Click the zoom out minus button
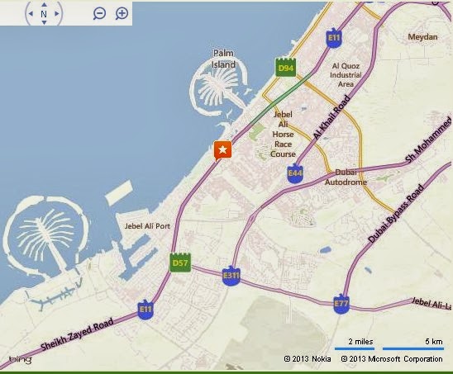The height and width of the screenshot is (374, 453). click(99, 14)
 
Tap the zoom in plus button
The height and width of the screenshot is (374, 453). click(122, 14)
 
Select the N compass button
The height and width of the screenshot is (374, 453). click(44, 14)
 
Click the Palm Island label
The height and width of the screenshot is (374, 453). click(224, 58)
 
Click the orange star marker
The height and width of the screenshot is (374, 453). click(222, 150)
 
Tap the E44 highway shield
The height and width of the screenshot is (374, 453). click(294, 173)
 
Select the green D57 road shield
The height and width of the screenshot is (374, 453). click(180, 263)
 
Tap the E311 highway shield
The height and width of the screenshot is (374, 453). click(232, 277)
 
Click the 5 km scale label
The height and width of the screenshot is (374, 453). click(433, 341)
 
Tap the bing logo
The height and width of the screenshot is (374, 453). click(20, 358)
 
